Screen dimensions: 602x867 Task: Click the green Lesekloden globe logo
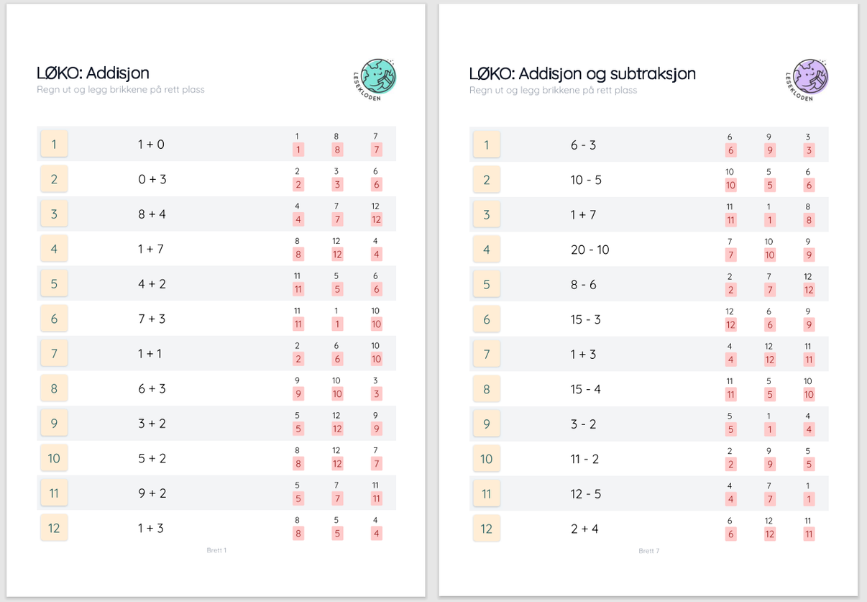point(378,77)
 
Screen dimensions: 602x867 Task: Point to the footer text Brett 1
point(216,550)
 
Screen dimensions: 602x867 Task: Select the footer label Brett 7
point(648,551)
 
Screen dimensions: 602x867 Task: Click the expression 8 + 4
point(152,214)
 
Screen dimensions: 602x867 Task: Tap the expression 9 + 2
point(152,493)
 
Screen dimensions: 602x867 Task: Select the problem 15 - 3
point(585,319)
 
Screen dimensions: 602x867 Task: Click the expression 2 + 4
point(584,529)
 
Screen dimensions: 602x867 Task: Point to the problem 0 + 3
point(152,179)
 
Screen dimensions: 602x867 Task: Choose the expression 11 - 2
point(584,459)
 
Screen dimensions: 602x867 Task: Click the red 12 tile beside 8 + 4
point(376,219)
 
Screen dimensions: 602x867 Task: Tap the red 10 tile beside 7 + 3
point(376,324)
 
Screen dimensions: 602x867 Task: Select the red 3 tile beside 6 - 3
point(809,150)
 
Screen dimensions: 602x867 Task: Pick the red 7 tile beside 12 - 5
point(769,499)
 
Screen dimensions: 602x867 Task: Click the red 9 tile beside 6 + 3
point(298,394)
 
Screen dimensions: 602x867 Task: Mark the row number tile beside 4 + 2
point(54,283)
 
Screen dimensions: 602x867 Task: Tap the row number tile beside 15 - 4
point(487,389)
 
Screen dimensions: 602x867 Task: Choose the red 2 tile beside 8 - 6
point(730,290)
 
